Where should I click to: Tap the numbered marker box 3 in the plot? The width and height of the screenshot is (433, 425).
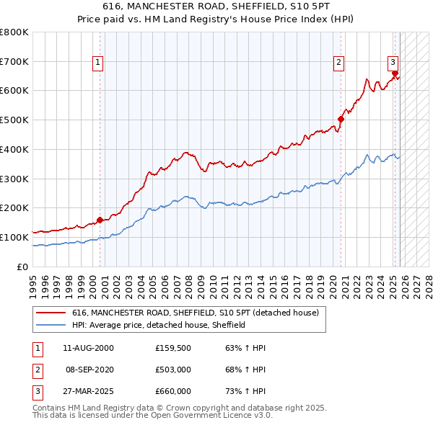tap(393, 63)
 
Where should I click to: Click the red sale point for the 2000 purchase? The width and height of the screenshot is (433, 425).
tap(100, 220)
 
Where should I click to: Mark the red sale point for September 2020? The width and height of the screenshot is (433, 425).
tap(341, 120)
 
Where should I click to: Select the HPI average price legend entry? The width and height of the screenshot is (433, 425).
tap(159, 325)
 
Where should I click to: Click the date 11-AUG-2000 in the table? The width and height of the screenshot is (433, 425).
tap(89, 349)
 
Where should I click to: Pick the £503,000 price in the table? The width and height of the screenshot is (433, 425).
tap(173, 370)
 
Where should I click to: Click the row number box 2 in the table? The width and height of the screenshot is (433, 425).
tap(37, 370)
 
